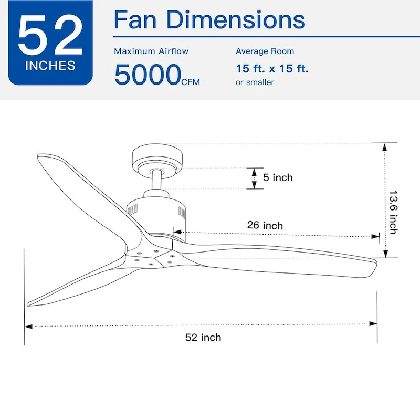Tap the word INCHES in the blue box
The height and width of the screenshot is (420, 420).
click(x=50, y=66)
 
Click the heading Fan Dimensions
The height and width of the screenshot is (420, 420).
click(x=209, y=20)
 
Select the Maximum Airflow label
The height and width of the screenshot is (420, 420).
click(x=151, y=51)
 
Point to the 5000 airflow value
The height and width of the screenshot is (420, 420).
click(x=148, y=75)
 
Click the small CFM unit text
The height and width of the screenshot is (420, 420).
click(x=191, y=82)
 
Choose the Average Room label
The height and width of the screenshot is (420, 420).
click(x=265, y=51)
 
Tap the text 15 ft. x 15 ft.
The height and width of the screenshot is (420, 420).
click(x=272, y=68)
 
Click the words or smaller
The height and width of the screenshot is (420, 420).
click(x=255, y=82)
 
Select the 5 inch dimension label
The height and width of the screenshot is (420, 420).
click(x=278, y=177)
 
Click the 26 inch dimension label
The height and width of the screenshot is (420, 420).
click(x=265, y=225)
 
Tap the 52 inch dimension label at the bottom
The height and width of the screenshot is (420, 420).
click(x=203, y=337)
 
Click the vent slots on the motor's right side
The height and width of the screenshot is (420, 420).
click(x=182, y=212)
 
